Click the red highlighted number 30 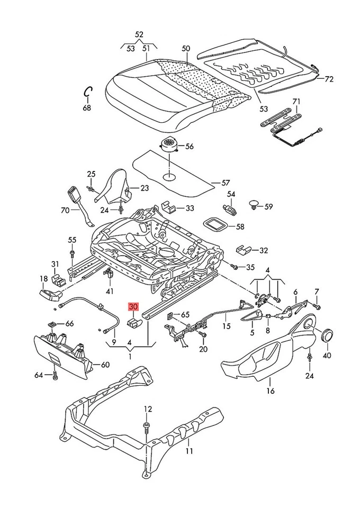click(x=132, y=306)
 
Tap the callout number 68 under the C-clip click(x=87, y=107)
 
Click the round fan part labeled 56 click(x=169, y=143)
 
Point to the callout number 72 click(x=329, y=79)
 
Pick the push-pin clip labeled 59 click(x=255, y=204)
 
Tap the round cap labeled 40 click(x=327, y=335)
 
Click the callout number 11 click(x=190, y=451)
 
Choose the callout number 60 click(x=105, y=365)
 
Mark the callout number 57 click(x=226, y=183)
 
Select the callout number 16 click(x=271, y=391)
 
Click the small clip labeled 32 click(x=244, y=249)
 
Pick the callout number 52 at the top click(x=139, y=34)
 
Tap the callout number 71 click(x=296, y=101)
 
